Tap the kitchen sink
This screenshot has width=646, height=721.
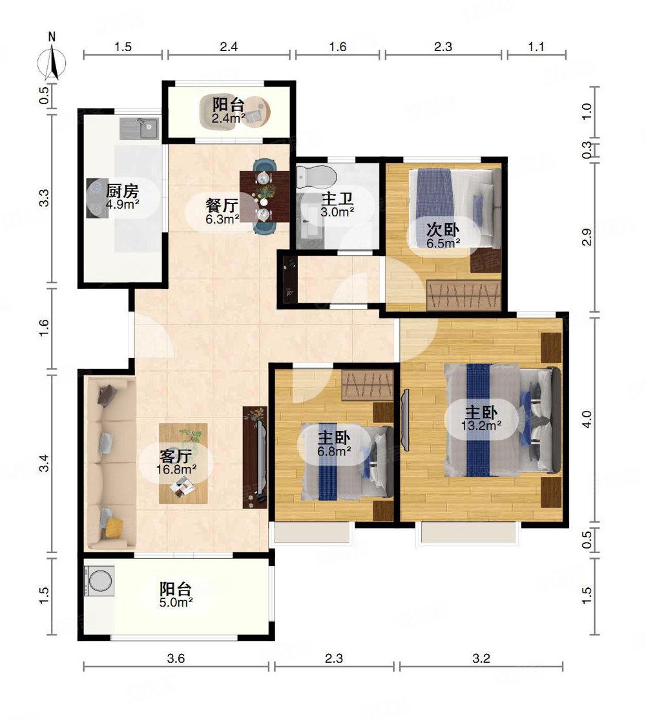(x=140, y=129)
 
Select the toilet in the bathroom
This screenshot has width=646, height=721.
(x=316, y=177)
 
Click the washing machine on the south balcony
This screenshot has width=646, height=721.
(x=99, y=580)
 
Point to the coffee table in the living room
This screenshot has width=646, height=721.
(x=183, y=463)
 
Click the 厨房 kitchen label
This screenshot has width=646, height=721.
(x=122, y=191)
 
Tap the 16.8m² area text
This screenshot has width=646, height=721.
(x=176, y=470)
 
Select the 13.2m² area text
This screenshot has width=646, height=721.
(x=481, y=426)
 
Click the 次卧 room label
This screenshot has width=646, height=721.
(x=443, y=229)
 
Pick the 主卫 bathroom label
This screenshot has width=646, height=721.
(x=337, y=199)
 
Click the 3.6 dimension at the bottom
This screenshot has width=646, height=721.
(x=176, y=658)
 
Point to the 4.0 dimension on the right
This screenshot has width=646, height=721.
(x=587, y=419)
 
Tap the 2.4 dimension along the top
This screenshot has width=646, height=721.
(x=229, y=47)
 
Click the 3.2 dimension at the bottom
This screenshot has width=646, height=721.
(x=481, y=658)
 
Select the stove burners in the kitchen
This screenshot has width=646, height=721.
(x=97, y=198)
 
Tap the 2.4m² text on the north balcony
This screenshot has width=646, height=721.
(x=229, y=118)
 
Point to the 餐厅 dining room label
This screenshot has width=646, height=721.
(x=222, y=205)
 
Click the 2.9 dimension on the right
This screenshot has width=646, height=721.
(x=587, y=237)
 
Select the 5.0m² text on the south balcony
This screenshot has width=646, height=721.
(x=176, y=602)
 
